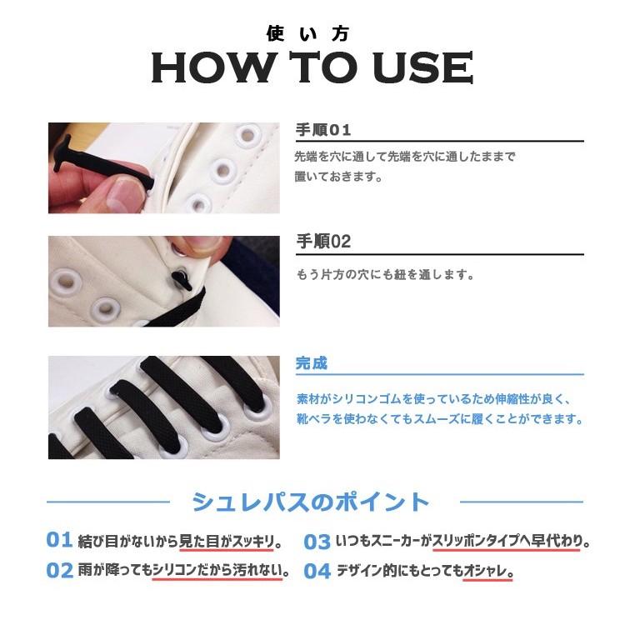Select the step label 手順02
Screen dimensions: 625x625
click(323, 242)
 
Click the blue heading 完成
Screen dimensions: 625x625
click(312, 363)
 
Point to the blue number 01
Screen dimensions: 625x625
click(59, 540)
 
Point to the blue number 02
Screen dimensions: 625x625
click(59, 571)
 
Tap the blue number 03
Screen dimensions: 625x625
click(317, 542)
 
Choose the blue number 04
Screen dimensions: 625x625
click(317, 572)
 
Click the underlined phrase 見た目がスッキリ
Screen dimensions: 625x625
click(227, 542)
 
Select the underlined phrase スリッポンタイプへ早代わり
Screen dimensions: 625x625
click(507, 542)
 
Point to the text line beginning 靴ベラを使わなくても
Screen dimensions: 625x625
click(439, 419)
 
